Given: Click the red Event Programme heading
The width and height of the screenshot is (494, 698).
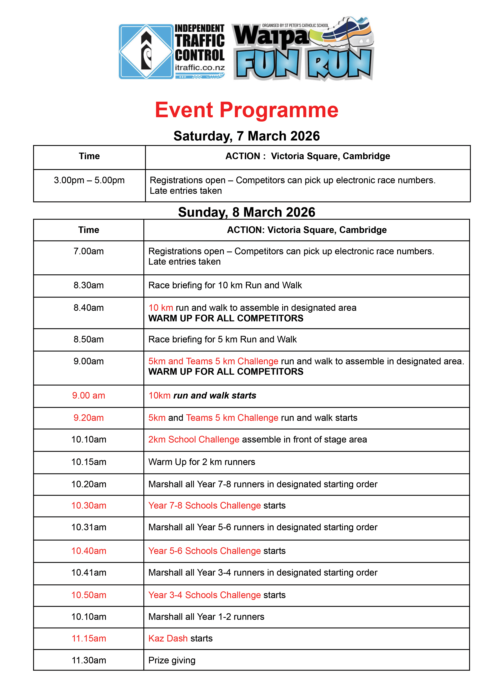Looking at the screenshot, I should [246, 110].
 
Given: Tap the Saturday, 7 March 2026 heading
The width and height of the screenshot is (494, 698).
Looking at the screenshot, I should [246, 136].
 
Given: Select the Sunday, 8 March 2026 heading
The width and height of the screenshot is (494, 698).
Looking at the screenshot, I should [246, 212].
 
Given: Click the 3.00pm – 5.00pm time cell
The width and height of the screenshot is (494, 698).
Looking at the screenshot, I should [89, 180].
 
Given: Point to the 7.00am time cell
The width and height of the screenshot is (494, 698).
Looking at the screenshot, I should [88, 251].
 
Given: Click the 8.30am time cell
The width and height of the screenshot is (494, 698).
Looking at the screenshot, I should [88, 285].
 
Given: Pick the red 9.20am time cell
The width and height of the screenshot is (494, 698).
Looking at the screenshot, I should [88, 418].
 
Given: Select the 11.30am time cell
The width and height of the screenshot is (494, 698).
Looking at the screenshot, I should [88, 660].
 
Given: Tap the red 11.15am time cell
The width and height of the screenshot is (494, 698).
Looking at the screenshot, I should [88, 638].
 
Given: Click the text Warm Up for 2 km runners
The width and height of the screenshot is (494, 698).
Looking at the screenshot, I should [202, 462].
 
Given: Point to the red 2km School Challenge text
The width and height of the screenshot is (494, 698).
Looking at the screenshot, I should [194, 440].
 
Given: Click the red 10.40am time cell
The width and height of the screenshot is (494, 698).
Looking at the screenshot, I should [88, 551].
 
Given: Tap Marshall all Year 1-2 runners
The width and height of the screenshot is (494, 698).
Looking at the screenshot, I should [206, 617].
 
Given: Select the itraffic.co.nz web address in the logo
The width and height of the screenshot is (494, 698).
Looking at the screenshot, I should [199, 67].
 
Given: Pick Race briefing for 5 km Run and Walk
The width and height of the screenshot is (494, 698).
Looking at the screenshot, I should [222, 340].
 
